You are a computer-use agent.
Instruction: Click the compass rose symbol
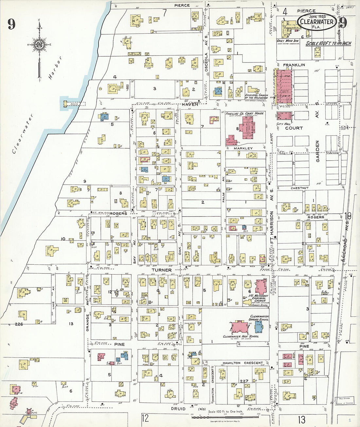pyautogui.click(x=40, y=45)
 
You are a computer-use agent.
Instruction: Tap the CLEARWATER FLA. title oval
pyautogui.click(x=317, y=22)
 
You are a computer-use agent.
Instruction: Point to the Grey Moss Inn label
pyautogui.click(x=288, y=41)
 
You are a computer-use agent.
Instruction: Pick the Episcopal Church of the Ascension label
pyautogui.click(x=256, y=97)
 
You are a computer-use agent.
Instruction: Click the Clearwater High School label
pyautogui.click(x=241, y=336)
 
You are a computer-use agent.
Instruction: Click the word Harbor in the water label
pyautogui.click(x=55, y=68)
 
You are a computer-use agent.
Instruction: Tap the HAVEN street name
pyautogui.click(x=190, y=104)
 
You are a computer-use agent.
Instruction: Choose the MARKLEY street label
pyautogui.click(x=243, y=149)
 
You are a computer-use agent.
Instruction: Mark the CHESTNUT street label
pyautogui.click(x=299, y=188)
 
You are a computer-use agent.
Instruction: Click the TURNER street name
pyautogui.click(x=161, y=270)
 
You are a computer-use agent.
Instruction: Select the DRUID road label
pyautogui.click(x=178, y=409)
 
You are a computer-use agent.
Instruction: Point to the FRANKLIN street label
pyautogui.click(x=294, y=65)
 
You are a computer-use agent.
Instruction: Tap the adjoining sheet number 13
pyautogui.click(x=301, y=419)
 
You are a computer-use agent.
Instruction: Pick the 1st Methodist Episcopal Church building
pyautogui.click(x=261, y=286)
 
